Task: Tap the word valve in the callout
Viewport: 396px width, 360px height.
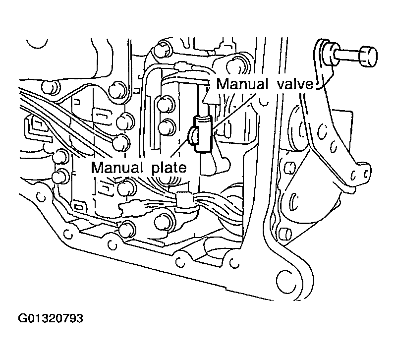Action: pos(294,84)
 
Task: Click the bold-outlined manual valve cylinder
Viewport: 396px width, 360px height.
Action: pos(203,133)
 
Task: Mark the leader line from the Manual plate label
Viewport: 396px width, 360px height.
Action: pos(181,149)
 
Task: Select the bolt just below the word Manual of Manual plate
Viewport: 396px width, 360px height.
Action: pos(127,188)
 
